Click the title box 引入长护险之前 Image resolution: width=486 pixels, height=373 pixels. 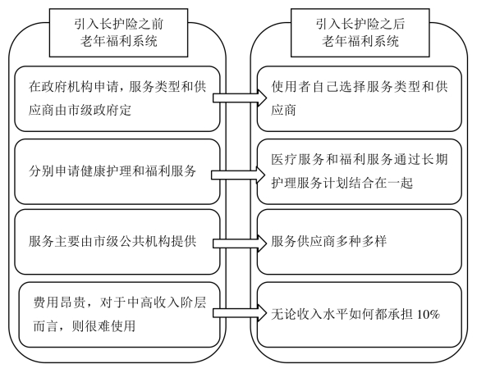pyautogui.click(x=118, y=33)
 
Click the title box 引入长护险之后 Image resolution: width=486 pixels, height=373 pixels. pyautogui.click(x=360, y=33)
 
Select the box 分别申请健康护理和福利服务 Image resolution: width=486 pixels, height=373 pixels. pyautogui.click(x=117, y=171)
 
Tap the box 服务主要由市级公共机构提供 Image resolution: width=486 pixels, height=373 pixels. pyautogui.click(x=117, y=242)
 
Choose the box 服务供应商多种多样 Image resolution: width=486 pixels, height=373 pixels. pyautogui.click(x=360, y=242)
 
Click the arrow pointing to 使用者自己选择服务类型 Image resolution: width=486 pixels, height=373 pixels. pyautogui.click(x=239, y=98)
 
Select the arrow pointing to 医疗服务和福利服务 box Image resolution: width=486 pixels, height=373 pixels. pyautogui.click(x=238, y=175)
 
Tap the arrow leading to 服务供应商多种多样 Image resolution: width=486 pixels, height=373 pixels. pyautogui.click(x=239, y=243)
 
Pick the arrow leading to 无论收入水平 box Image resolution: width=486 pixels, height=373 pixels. pyautogui.click(x=239, y=313)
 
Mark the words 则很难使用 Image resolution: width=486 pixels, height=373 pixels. pyautogui.click(x=103, y=325)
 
